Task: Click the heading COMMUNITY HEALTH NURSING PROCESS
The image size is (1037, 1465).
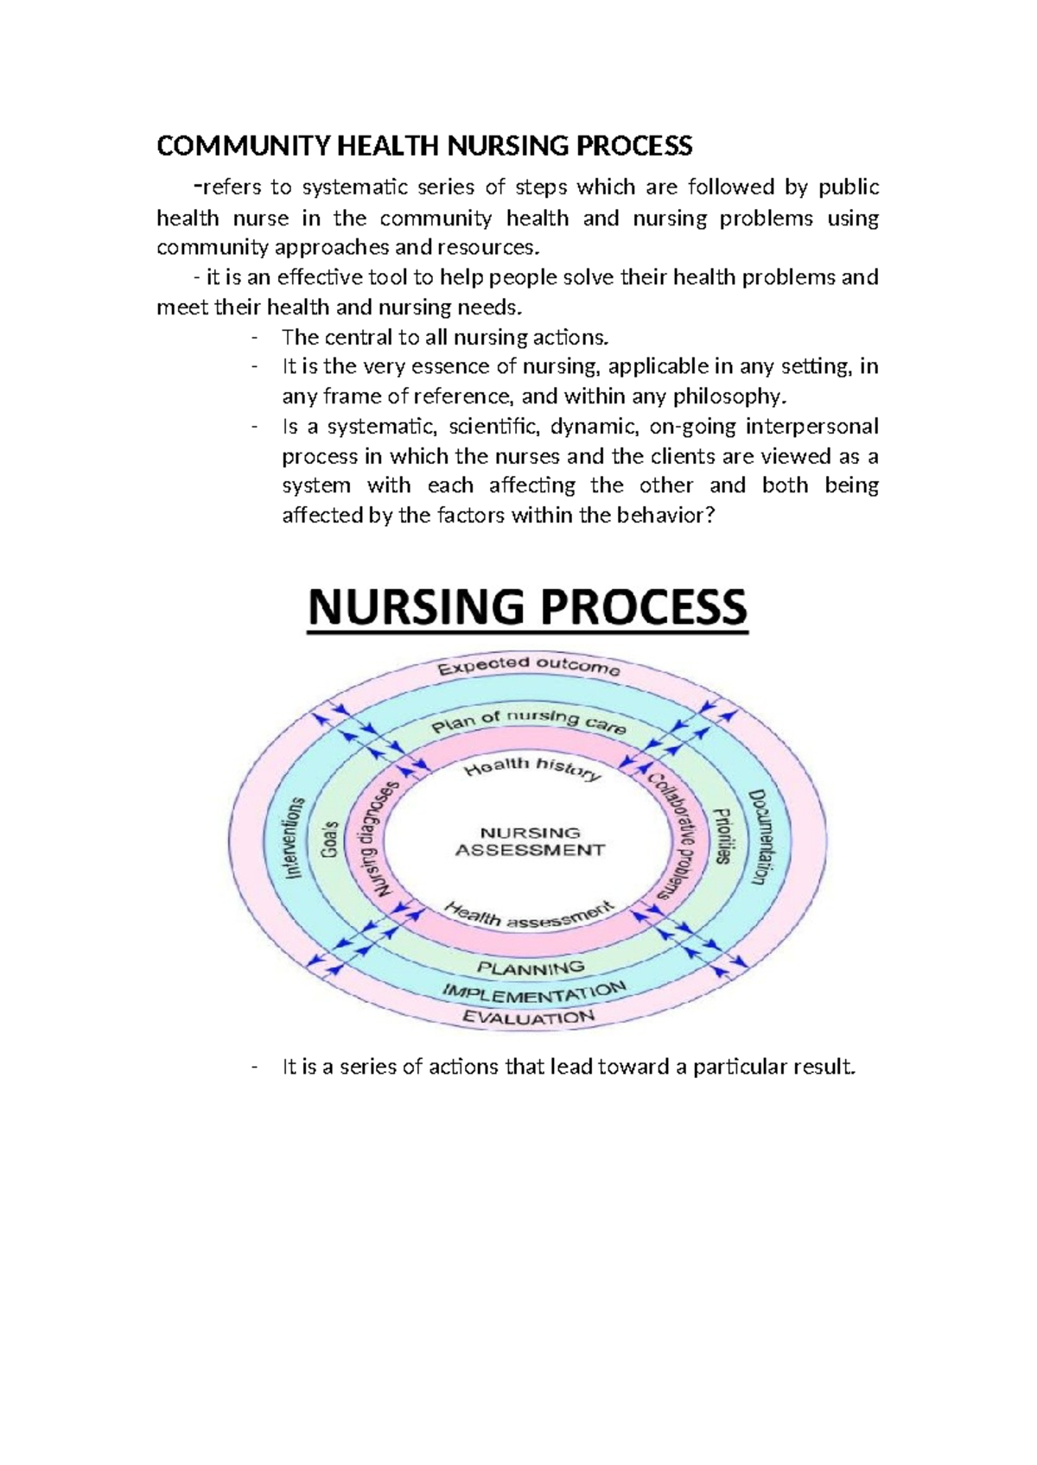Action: [x=424, y=146]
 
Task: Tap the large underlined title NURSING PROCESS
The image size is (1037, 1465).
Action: [x=527, y=606]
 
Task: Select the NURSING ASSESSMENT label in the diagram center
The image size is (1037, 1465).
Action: [x=530, y=841]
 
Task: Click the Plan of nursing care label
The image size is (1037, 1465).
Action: [x=529, y=720]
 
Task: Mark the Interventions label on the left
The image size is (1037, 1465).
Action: [x=295, y=838]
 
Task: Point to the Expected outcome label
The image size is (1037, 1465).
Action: [x=528, y=666]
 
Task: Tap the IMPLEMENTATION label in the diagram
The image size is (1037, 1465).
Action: [x=533, y=993]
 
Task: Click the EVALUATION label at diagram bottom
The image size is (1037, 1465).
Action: [x=528, y=1018]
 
